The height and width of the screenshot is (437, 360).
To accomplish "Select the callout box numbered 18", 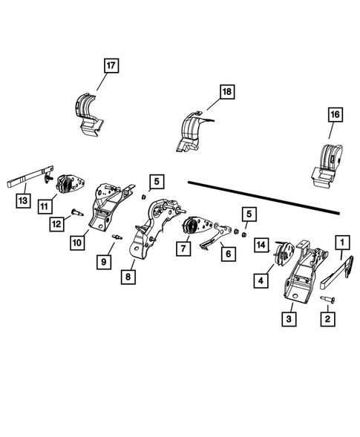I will [226, 93].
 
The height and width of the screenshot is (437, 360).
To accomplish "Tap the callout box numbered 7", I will [181, 247].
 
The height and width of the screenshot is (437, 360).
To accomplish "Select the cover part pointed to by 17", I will [90, 111].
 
